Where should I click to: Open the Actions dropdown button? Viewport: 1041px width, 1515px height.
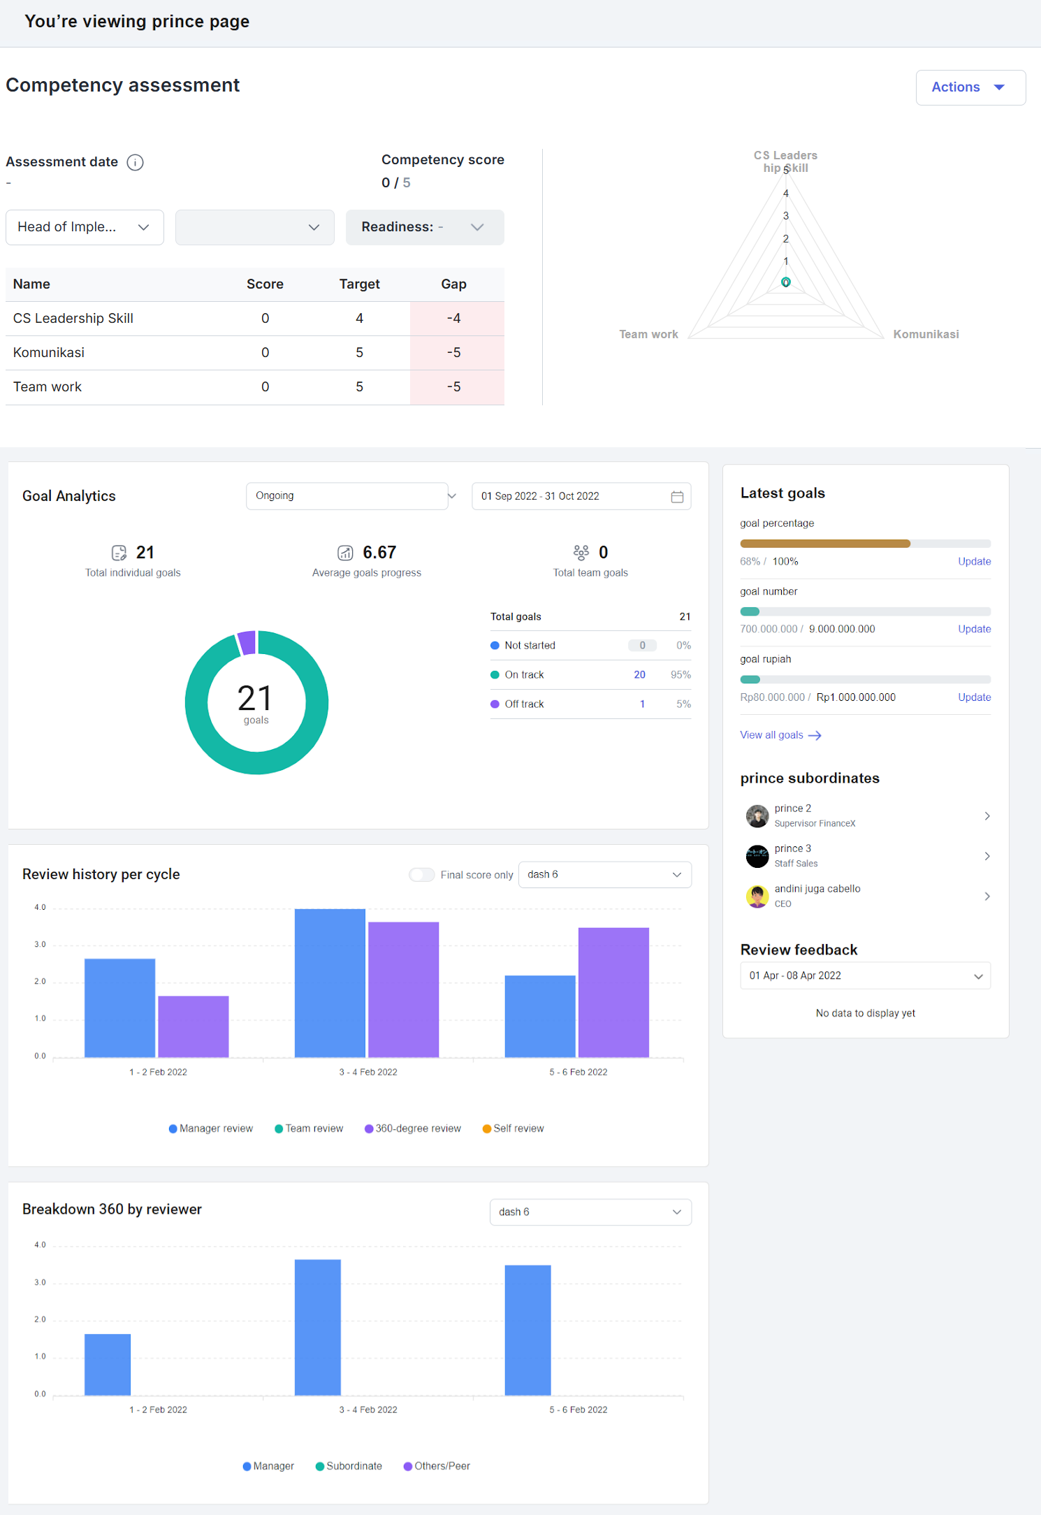[970, 87]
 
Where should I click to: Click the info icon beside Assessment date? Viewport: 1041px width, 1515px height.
[136, 162]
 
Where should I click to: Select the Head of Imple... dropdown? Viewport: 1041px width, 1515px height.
[85, 227]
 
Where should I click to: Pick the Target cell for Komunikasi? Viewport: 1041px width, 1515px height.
[359, 353]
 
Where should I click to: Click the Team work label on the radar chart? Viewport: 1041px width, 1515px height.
[648, 334]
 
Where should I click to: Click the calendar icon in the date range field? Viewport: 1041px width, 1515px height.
[677, 497]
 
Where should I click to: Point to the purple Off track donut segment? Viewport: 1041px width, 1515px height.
[246, 642]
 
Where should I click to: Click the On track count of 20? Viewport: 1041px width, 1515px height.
[639, 675]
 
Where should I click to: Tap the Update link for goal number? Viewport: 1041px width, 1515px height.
[974, 629]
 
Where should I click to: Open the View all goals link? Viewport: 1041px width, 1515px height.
[780, 735]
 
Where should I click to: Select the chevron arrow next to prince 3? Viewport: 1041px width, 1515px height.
[987, 856]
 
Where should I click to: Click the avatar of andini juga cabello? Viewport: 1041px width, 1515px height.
[757, 896]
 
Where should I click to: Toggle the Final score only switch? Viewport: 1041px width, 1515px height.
[422, 875]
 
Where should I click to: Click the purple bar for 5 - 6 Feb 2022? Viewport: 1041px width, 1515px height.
[613, 992]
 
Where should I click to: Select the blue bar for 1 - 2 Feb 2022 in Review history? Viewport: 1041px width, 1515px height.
[119, 1008]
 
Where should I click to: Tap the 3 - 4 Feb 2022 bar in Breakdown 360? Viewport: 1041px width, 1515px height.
[318, 1327]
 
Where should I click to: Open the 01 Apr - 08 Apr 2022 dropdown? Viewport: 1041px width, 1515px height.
[866, 976]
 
